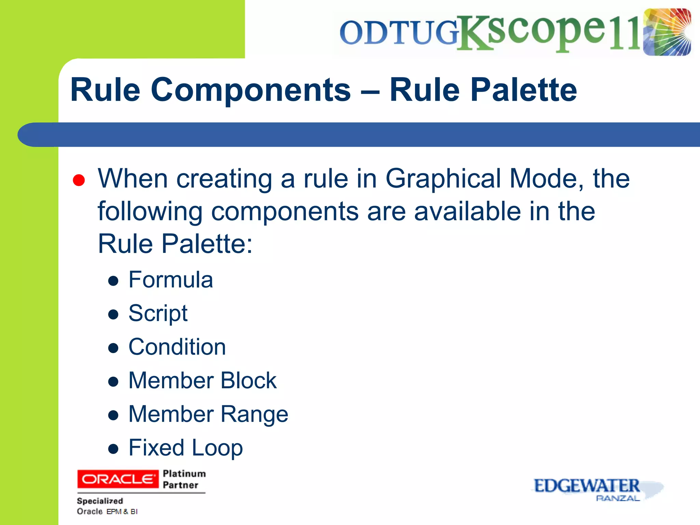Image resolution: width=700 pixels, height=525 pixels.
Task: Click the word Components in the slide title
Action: [x=251, y=90]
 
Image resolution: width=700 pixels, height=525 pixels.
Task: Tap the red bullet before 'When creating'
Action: [x=79, y=180]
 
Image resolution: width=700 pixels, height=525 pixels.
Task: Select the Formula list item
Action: [x=171, y=280]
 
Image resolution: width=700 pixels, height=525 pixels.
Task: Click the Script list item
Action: [x=158, y=313]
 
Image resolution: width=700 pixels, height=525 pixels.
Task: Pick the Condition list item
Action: [x=177, y=347]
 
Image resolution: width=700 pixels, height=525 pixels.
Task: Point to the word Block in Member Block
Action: [x=248, y=380]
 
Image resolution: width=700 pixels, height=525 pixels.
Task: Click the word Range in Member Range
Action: [x=254, y=414]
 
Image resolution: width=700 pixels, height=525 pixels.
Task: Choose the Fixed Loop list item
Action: [x=186, y=447]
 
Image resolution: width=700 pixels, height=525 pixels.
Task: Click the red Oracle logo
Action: [x=118, y=479]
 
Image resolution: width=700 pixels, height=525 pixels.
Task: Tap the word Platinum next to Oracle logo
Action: [x=184, y=474]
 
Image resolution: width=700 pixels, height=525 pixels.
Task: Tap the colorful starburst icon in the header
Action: [x=667, y=32]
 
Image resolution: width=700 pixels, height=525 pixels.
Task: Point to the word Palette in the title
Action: [x=524, y=90]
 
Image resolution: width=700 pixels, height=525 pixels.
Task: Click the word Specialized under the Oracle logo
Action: [x=100, y=501]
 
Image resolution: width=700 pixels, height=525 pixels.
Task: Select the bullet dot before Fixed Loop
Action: [x=113, y=448]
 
